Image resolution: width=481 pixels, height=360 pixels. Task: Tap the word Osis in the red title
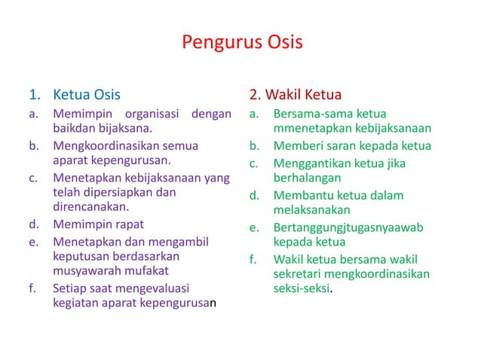[x=283, y=41]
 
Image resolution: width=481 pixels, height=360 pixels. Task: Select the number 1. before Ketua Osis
[x=35, y=95]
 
